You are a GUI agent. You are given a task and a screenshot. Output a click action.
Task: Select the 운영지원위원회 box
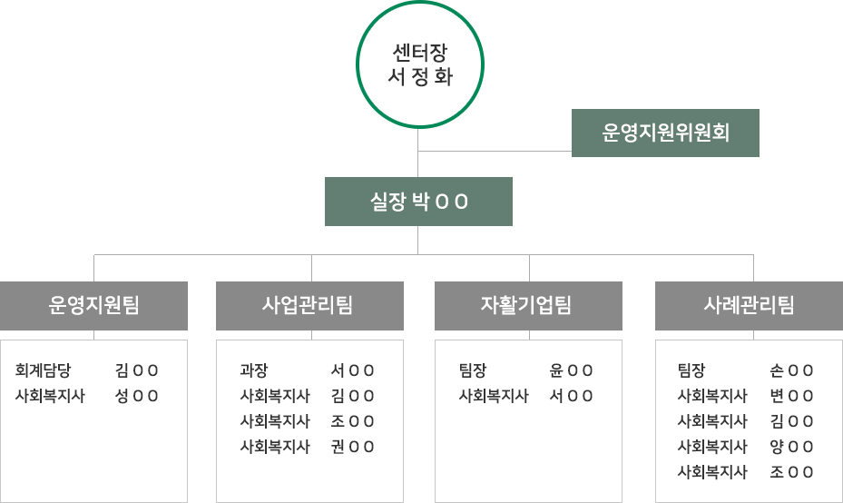665,133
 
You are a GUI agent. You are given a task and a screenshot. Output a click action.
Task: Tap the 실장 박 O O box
418,202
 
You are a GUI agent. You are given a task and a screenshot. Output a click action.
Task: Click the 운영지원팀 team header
93,306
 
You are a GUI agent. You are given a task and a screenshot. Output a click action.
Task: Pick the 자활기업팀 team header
528,306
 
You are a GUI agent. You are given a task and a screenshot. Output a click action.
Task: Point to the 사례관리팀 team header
749,306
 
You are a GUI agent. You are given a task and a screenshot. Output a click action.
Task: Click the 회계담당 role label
43,370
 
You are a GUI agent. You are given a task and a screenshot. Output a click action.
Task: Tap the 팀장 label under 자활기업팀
473,370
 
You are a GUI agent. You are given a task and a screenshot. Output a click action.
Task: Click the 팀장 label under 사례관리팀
691,370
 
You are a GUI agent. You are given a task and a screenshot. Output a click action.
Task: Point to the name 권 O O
353,447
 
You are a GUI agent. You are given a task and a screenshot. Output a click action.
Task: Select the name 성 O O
137,396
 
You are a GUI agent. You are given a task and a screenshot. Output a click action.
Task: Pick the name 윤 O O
572,370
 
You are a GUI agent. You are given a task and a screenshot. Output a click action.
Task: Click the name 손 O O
791,370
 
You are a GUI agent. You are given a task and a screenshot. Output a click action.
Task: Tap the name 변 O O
791,396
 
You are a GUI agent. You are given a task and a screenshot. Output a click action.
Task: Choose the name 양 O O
791,447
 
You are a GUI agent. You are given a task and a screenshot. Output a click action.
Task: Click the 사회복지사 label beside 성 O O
50,396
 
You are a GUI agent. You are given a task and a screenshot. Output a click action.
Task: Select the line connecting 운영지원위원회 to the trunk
495,151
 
